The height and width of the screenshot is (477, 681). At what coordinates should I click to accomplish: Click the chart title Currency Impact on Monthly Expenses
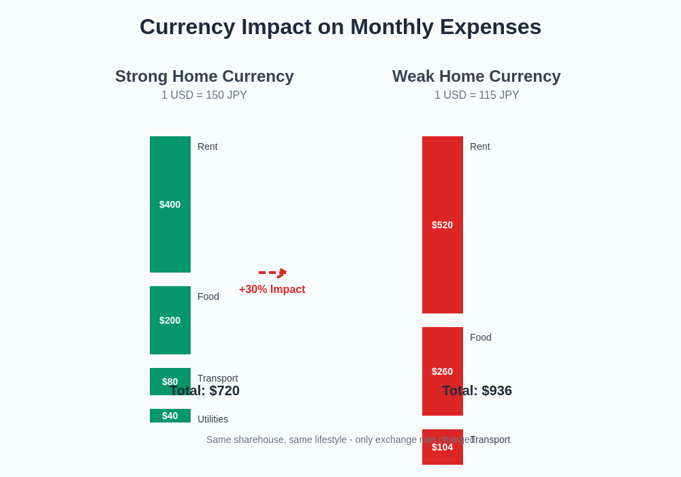pyautogui.click(x=340, y=27)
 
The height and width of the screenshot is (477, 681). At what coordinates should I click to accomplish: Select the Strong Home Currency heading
pyautogui.click(x=204, y=76)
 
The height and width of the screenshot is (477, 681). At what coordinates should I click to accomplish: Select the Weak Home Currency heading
pyautogui.click(x=476, y=76)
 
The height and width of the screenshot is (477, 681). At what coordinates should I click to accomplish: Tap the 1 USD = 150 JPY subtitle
pyautogui.click(x=204, y=95)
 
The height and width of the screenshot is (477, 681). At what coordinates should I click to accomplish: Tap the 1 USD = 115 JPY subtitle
pyautogui.click(x=477, y=95)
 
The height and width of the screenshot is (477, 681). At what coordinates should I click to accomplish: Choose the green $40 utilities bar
pyautogui.click(x=170, y=416)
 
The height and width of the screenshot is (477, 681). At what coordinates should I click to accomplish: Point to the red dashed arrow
pyautogui.click(x=272, y=273)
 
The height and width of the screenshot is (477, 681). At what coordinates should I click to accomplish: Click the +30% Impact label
pyautogui.click(x=272, y=290)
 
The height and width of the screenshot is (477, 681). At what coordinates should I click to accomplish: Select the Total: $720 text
pyautogui.click(x=205, y=391)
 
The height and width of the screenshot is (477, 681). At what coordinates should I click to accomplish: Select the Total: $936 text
pyautogui.click(x=477, y=391)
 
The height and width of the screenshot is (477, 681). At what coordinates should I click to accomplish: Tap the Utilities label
pyautogui.click(x=212, y=419)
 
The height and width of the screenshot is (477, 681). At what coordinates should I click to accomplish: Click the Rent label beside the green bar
pyautogui.click(x=208, y=147)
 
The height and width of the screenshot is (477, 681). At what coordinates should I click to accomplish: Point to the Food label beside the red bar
pyautogui.click(x=481, y=337)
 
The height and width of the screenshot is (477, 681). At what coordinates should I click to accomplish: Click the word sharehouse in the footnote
pyautogui.click(x=262, y=440)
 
